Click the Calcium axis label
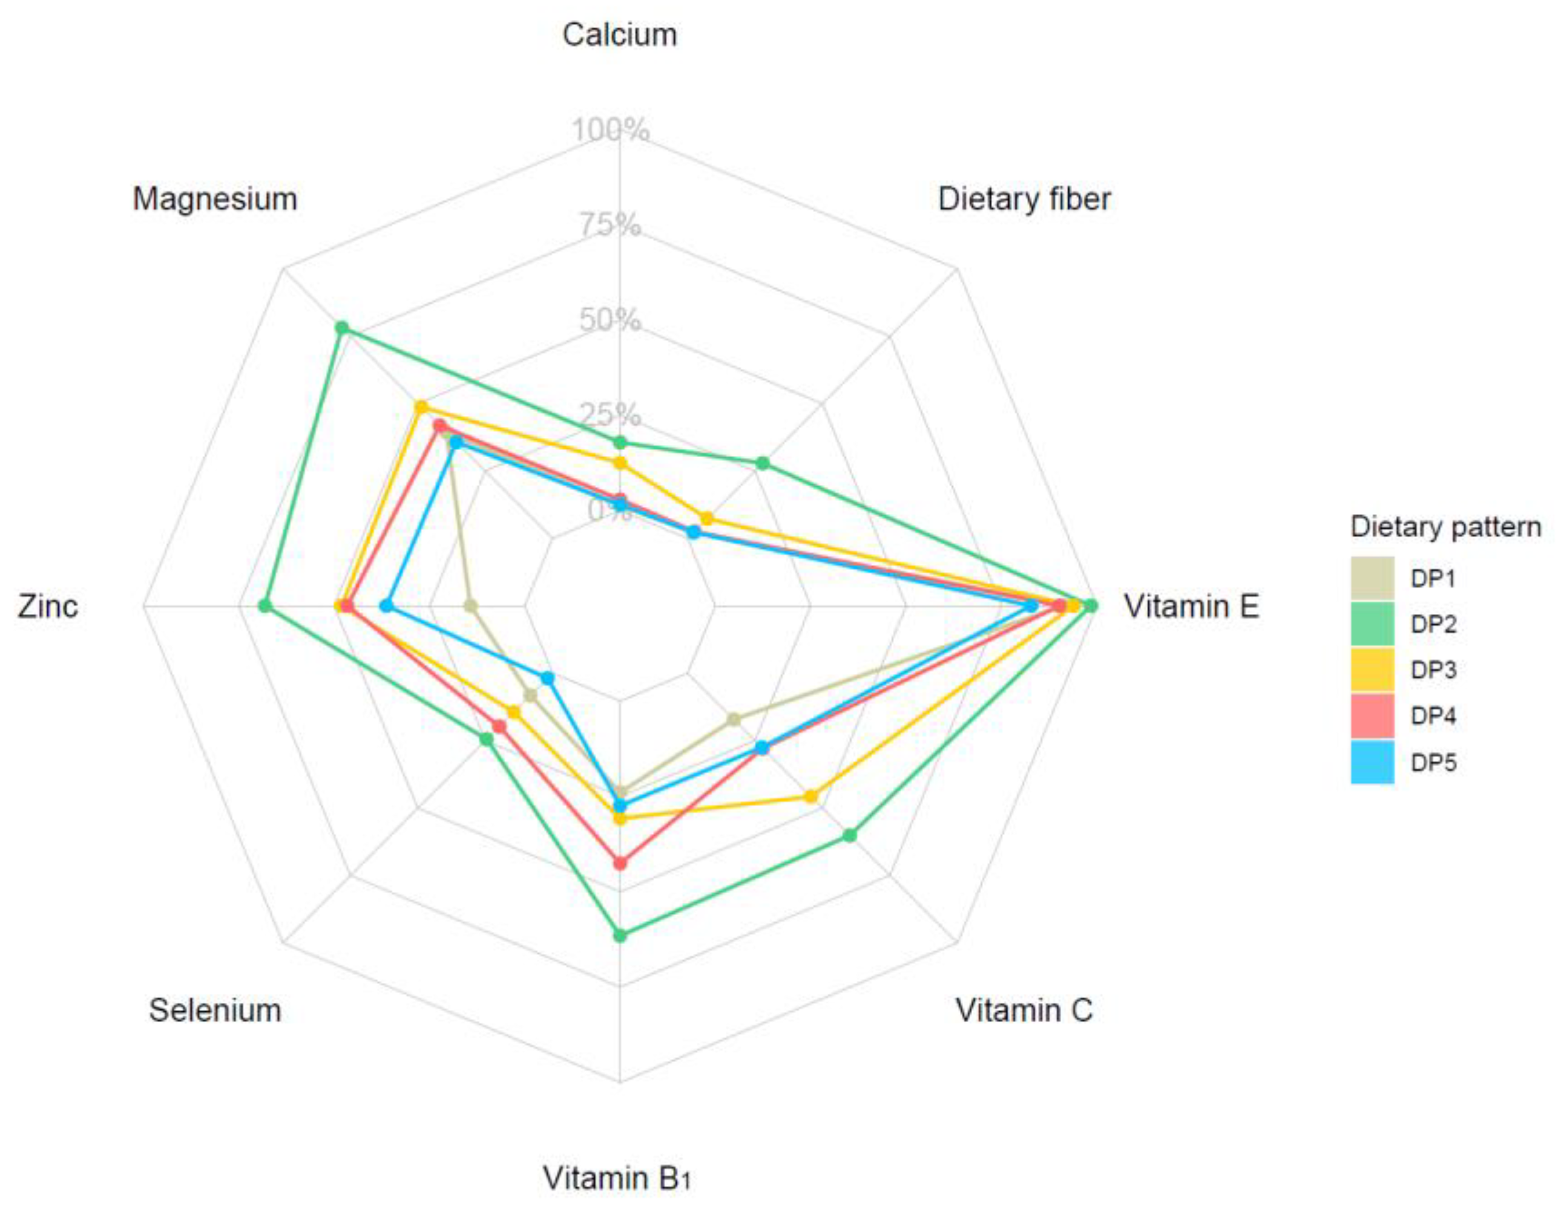click(619, 35)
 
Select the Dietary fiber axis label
click(1024, 200)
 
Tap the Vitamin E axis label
click(1191, 607)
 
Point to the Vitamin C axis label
click(1024, 1010)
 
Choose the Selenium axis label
click(215, 1010)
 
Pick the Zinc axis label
click(48, 607)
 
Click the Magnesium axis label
click(215, 200)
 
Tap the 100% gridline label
click(611, 131)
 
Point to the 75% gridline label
click(611, 226)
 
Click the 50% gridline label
click(611, 320)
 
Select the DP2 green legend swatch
click(1372, 624)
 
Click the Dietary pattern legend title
click(1445, 527)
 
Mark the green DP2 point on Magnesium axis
click(342, 328)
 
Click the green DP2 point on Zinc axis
click(265, 607)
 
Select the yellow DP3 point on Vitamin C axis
click(810, 797)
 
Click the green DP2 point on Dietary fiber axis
click(762, 464)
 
